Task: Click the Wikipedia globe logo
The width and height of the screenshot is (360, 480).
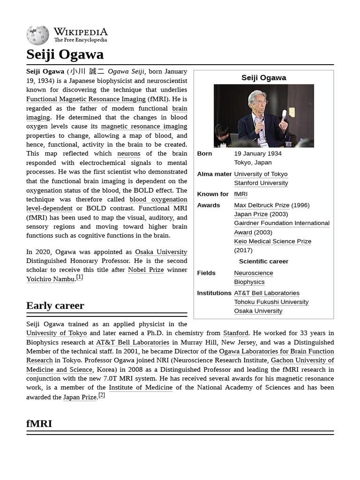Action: pos(37,36)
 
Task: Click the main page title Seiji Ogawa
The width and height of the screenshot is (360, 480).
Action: pos(65,54)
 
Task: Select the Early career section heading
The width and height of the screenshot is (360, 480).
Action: pos(55,306)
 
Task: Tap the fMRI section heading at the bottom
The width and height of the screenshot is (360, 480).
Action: pos(39,424)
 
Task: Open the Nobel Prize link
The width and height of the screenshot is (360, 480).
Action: pos(146,270)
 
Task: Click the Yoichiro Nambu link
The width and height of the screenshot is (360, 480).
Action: pos(50,279)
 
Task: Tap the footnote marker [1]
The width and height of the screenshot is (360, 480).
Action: pos(80,277)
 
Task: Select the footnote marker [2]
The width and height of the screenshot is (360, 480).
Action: pos(101,395)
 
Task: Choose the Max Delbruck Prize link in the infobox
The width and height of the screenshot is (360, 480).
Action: pos(262,205)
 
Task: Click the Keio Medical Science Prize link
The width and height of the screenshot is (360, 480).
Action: pos(272,241)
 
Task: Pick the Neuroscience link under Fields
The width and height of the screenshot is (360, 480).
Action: pos(253,273)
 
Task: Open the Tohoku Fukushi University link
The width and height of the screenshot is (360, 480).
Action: pos(271,302)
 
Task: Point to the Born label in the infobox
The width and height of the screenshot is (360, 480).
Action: pos(204,154)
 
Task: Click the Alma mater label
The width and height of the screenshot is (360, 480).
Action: pos(214,174)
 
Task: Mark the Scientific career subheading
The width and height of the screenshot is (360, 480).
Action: pos(263,262)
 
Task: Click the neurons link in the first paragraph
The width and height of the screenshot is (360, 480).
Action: pos(128,154)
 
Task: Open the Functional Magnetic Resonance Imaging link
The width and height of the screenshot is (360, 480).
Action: pos(86,99)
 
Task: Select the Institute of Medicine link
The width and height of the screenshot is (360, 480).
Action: pos(141,388)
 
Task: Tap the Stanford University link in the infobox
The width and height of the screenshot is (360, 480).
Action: pos(261,183)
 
